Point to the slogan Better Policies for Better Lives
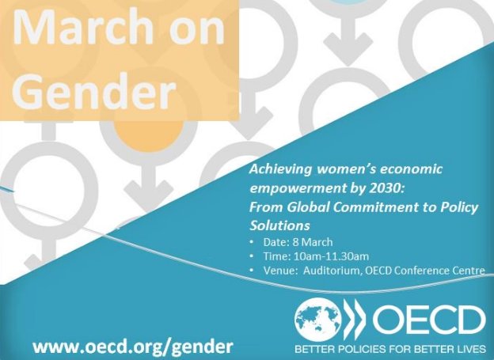(x=389, y=348)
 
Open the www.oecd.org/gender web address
(x=133, y=347)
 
